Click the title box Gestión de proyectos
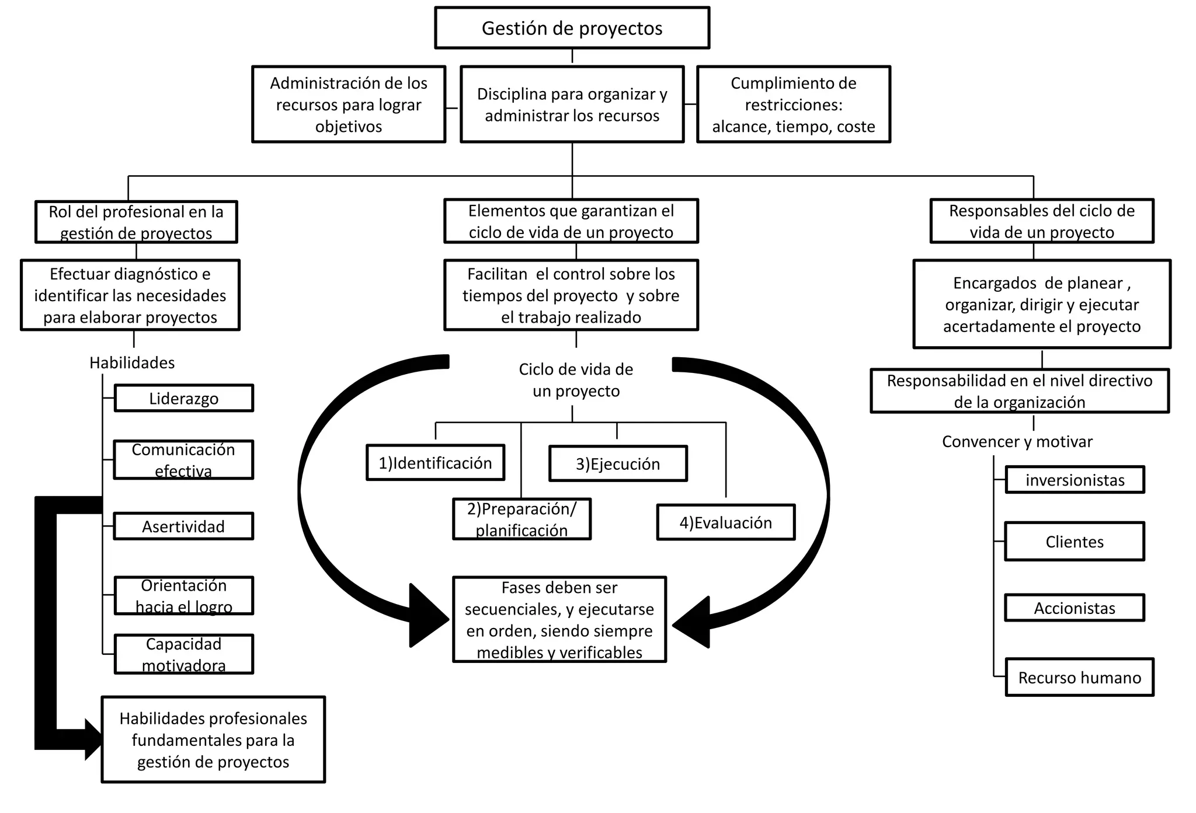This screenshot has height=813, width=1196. [x=572, y=28]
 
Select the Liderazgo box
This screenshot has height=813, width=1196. [x=183, y=398]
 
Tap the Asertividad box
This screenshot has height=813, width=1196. [x=183, y=526]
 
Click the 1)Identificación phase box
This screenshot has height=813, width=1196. [x=435, y=463]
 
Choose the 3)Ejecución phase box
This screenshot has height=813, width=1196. [x=618, y=463]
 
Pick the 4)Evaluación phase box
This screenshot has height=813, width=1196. [x=725, y=522]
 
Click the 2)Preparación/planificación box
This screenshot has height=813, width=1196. [x=521, y=519]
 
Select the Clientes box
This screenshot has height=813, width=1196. [x=1074, y=542]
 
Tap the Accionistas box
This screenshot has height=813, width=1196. [x=1074, y=608]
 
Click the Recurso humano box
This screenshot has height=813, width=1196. [x=1079, y=677]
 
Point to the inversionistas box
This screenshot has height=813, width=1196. [x=1075, y=480]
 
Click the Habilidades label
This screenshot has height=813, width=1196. [x=132, y=362]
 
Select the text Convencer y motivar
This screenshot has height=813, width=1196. [x=1017, y=441]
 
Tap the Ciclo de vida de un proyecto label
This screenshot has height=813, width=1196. [x=576, y=379]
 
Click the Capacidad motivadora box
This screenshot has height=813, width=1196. [x=183, y=654]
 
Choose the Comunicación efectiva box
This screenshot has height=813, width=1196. [x=183, y=460]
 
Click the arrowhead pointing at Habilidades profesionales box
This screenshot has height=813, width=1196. [x=93, y=739]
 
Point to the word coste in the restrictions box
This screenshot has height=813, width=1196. [x=856, y=127]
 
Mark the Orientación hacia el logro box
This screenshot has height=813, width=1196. [x=183, y=595]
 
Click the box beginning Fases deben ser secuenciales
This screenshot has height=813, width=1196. [x=559, y=619]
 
